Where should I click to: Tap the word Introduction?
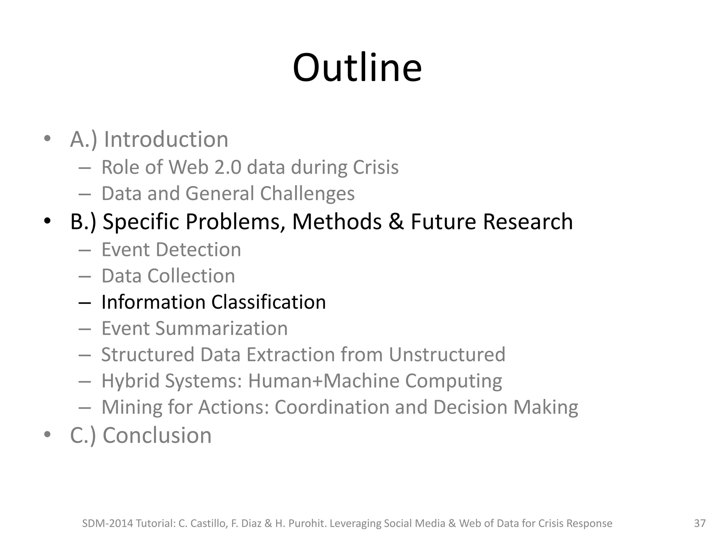[x=166, y=139]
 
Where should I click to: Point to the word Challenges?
[x=307, y=194]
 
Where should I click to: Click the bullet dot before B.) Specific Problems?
[x=47, y=221]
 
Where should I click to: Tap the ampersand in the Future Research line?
[x=396, y=222]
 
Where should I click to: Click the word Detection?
[x=198, y=250]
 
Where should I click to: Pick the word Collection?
[x=191, y=276]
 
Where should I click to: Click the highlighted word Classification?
[x=268, y=302]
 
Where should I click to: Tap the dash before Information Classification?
[x=85, y=302]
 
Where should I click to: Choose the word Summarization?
[x=221, y=328]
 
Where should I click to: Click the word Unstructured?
[x=447, y=355]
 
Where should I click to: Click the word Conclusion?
[x=157, y=435]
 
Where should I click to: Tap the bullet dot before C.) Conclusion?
[x=47, y=435]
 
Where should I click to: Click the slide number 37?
[x=700, y=523]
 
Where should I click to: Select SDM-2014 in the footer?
[x=107, y=523]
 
